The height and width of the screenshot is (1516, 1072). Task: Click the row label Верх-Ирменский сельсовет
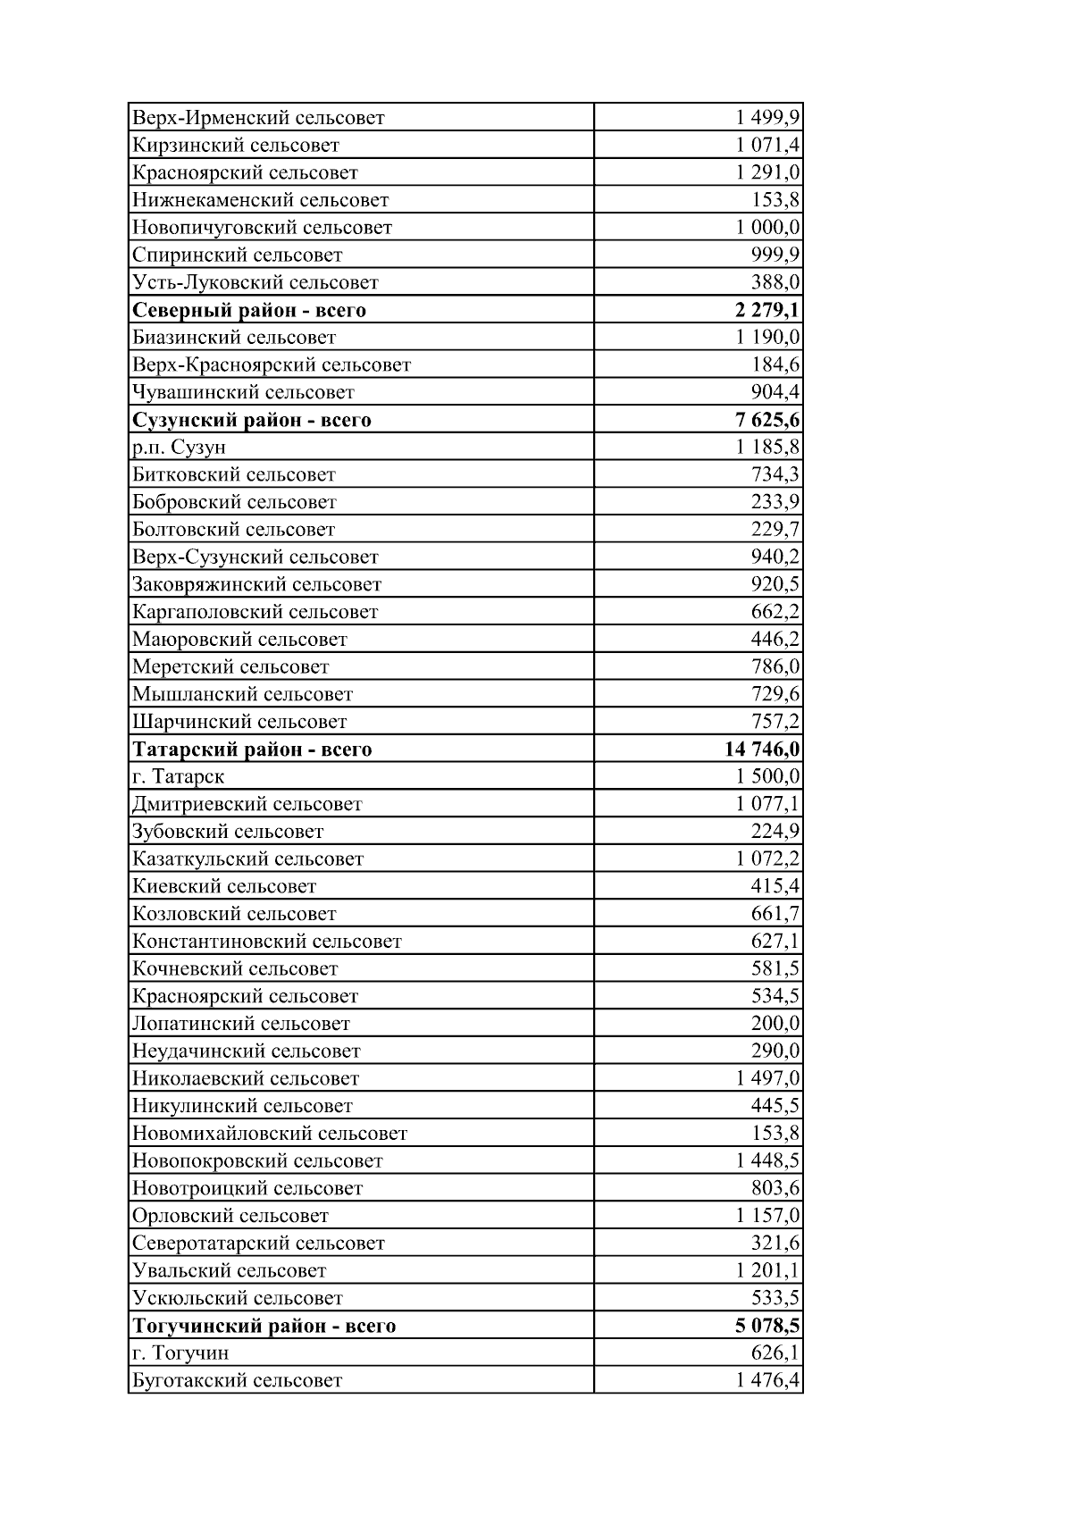click(258, 118)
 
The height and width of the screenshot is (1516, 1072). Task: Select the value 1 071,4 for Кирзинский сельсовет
click(767, 146)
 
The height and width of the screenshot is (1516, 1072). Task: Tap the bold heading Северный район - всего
click(249, 311)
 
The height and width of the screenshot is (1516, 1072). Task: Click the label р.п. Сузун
click(179, 448)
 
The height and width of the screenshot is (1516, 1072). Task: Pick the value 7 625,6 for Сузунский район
click(767, 420)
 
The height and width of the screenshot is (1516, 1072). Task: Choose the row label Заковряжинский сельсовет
click(256, 585)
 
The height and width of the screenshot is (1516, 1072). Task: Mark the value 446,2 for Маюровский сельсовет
click(775, 640)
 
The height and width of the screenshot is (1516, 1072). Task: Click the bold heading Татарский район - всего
click(252, 750)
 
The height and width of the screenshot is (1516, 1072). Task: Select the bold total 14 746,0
click(762, 750)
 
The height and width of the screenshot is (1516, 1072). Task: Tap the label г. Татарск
click(178, 777)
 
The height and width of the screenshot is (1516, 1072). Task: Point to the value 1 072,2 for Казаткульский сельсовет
click(767, 859)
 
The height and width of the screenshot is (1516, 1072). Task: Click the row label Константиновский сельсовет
click(267, 942)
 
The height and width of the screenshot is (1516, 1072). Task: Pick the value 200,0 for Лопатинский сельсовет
click(775, 1024)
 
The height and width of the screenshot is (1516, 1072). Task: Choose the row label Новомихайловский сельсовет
click(270, 1134)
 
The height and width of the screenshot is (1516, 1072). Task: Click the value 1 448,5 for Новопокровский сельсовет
click(767, 1161)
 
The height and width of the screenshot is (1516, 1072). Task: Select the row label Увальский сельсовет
click(229, 1271)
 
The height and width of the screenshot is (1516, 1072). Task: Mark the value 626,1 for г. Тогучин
click(775, 1353)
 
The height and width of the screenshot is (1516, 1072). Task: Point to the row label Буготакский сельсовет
click(237, 1381)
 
